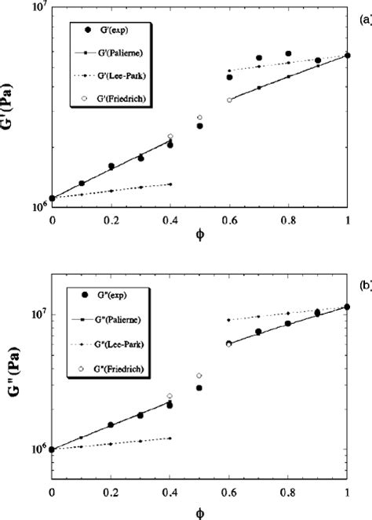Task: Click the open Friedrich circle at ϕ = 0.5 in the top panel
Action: tap(200, 117)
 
